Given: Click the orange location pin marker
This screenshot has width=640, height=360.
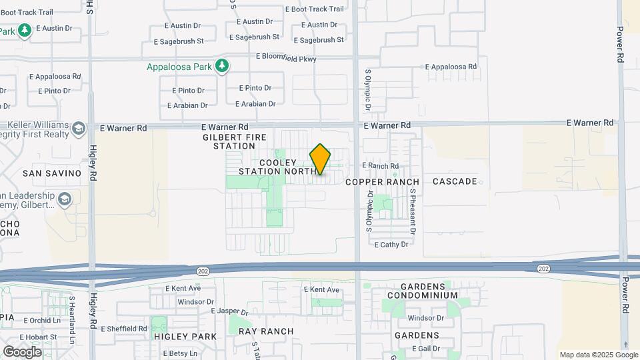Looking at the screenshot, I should [x=320, y=160].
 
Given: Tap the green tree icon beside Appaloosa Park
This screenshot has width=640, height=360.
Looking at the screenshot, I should [x=223, y=66].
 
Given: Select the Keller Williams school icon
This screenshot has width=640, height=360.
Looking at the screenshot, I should [x=79, y=128].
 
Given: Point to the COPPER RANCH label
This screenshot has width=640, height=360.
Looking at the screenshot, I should [x=382, y=182].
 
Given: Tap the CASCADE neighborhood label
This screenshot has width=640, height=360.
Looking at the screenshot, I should [x=455, y=181].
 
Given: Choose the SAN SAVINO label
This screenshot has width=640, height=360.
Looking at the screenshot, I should [x=52, y=173].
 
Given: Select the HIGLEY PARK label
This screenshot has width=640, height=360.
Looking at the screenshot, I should [x=185, y=337].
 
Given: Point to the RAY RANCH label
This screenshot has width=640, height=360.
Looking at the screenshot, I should [x=266, y=331].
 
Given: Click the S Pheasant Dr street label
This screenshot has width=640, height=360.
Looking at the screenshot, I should [x=413, y=211].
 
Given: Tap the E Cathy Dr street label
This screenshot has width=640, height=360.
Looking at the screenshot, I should [x=391, y=245].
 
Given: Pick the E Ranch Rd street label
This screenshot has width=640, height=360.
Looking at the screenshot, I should [x=380, y=166].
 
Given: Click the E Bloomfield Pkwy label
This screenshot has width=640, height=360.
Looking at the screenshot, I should [x=286, y=58].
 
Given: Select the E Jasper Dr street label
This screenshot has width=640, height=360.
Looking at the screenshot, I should [x=229, y=311].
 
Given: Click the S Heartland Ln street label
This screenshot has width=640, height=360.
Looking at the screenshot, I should [x=72, y=313].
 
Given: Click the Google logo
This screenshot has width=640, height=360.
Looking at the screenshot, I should [x=22, y=351].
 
